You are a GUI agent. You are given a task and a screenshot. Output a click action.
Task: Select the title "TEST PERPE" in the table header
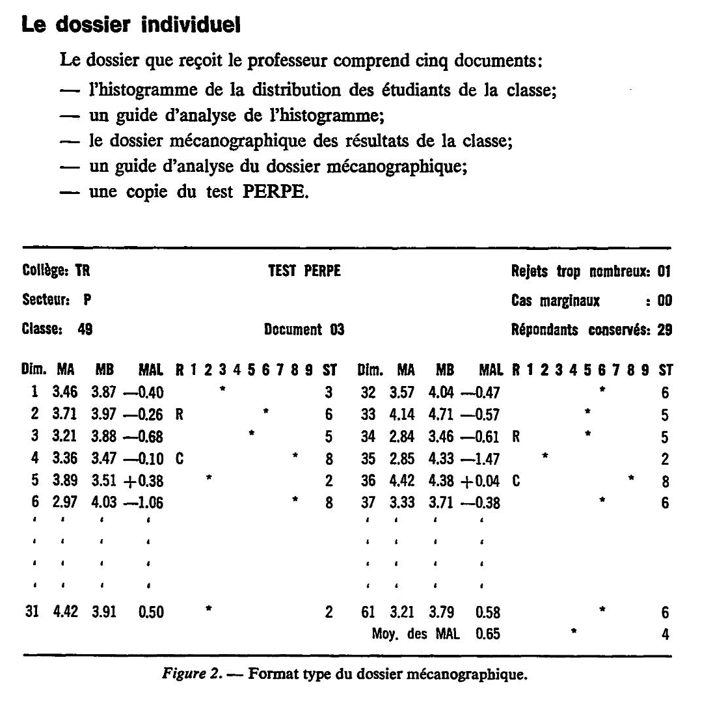(x=304, y=271)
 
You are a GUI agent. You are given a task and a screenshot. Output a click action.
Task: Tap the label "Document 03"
(x=304, y=330)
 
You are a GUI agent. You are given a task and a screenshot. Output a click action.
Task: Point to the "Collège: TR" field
(x=55, y=271)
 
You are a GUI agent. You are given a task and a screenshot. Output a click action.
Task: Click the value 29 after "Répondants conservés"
(x=664, y=330)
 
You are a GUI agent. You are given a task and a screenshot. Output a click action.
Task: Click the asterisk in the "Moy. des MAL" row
(x=573, y=631)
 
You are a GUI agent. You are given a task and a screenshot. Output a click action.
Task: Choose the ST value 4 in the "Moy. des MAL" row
(x=665, y=634)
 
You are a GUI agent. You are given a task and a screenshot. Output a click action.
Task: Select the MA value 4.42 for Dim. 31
(x=65, y=613)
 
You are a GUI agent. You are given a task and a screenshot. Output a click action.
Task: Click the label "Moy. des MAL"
(x=415, y=634)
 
